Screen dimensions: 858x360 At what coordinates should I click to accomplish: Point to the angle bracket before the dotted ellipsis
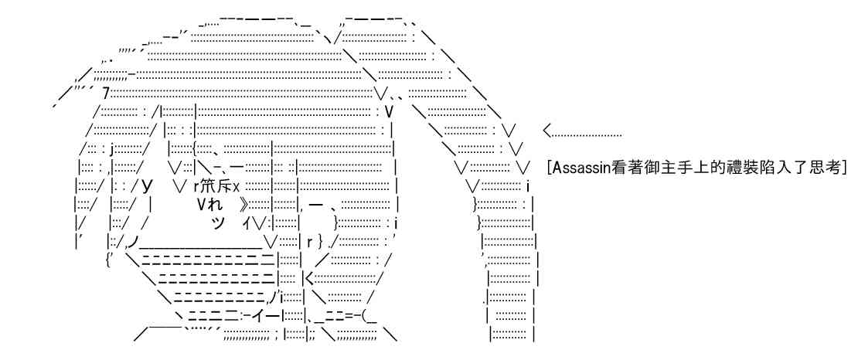(x=549, y=132)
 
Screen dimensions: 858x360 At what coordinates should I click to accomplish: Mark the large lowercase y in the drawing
(x=146, y=186)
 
